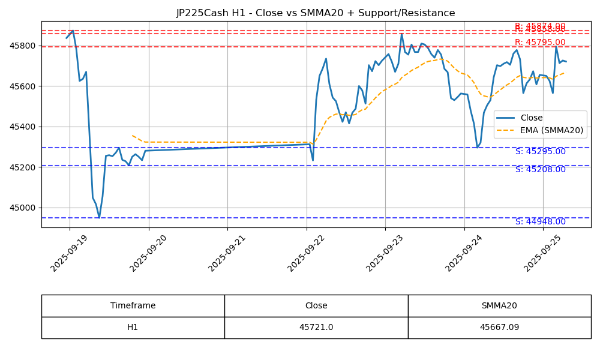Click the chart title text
(316, 13)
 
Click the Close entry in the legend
(532, 118)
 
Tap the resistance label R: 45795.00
(540, 43)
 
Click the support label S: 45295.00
(540, 152)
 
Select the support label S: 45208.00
(540, 170)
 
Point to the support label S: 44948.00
(540, 222)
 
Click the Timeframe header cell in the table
(133, 305)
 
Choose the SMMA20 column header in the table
(499, 305)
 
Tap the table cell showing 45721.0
(316, 328)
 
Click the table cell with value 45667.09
(499, 328)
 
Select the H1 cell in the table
(133, 328)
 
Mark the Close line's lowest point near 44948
(99, 218)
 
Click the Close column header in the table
(316, 305)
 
